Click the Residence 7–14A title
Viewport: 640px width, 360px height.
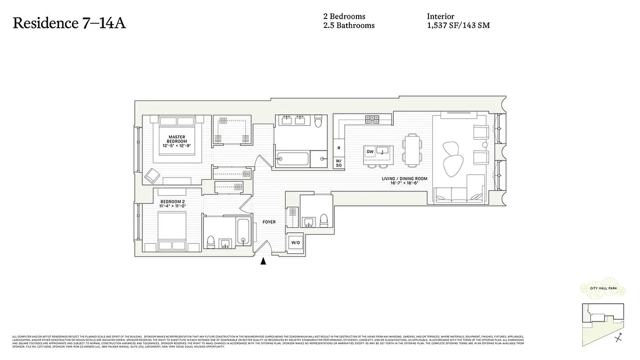(69, 23)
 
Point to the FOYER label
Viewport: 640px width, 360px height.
(269, 222)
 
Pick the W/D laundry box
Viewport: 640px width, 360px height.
(295, 243)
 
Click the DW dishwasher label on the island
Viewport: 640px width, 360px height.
(370, 152)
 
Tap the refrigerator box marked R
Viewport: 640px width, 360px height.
(338, 148)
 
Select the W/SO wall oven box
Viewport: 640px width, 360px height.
(338, 163)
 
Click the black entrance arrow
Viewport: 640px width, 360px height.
(263, 261)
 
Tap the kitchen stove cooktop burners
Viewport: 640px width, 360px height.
(372, 119)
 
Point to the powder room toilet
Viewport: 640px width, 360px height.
(323, 221)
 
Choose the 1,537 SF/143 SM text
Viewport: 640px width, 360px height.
(458, 26)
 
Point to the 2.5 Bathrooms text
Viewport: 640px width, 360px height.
(349, 26)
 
